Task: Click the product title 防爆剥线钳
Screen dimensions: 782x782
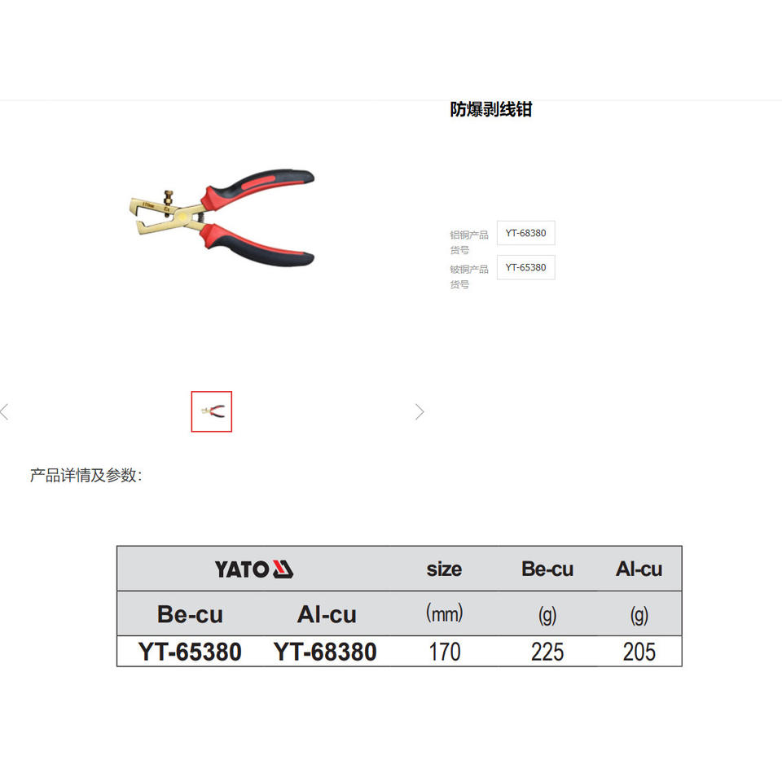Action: [x=490, y=109]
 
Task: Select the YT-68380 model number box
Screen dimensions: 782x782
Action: [x=525, y=233]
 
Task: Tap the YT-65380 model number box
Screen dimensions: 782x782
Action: [x=525, y=267]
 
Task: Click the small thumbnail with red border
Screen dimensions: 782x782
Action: [x=212, y=411]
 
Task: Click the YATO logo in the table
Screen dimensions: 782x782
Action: [x=253, y=569]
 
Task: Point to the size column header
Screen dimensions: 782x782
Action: [x=444, y=569]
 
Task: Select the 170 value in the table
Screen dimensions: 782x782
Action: [x=444, y=652]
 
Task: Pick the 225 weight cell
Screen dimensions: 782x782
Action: [x=547, y=652]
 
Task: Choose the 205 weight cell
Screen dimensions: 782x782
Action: [x=639, y=652]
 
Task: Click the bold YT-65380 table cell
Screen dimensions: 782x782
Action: [x=190, y=652]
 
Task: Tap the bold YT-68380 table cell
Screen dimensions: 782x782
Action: [x=325, y=652]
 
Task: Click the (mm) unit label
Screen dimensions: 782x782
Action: [x=444, y=613]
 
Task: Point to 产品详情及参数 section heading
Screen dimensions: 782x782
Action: [x=86, y=475]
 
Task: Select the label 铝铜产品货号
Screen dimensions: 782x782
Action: [x=469, y=242]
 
